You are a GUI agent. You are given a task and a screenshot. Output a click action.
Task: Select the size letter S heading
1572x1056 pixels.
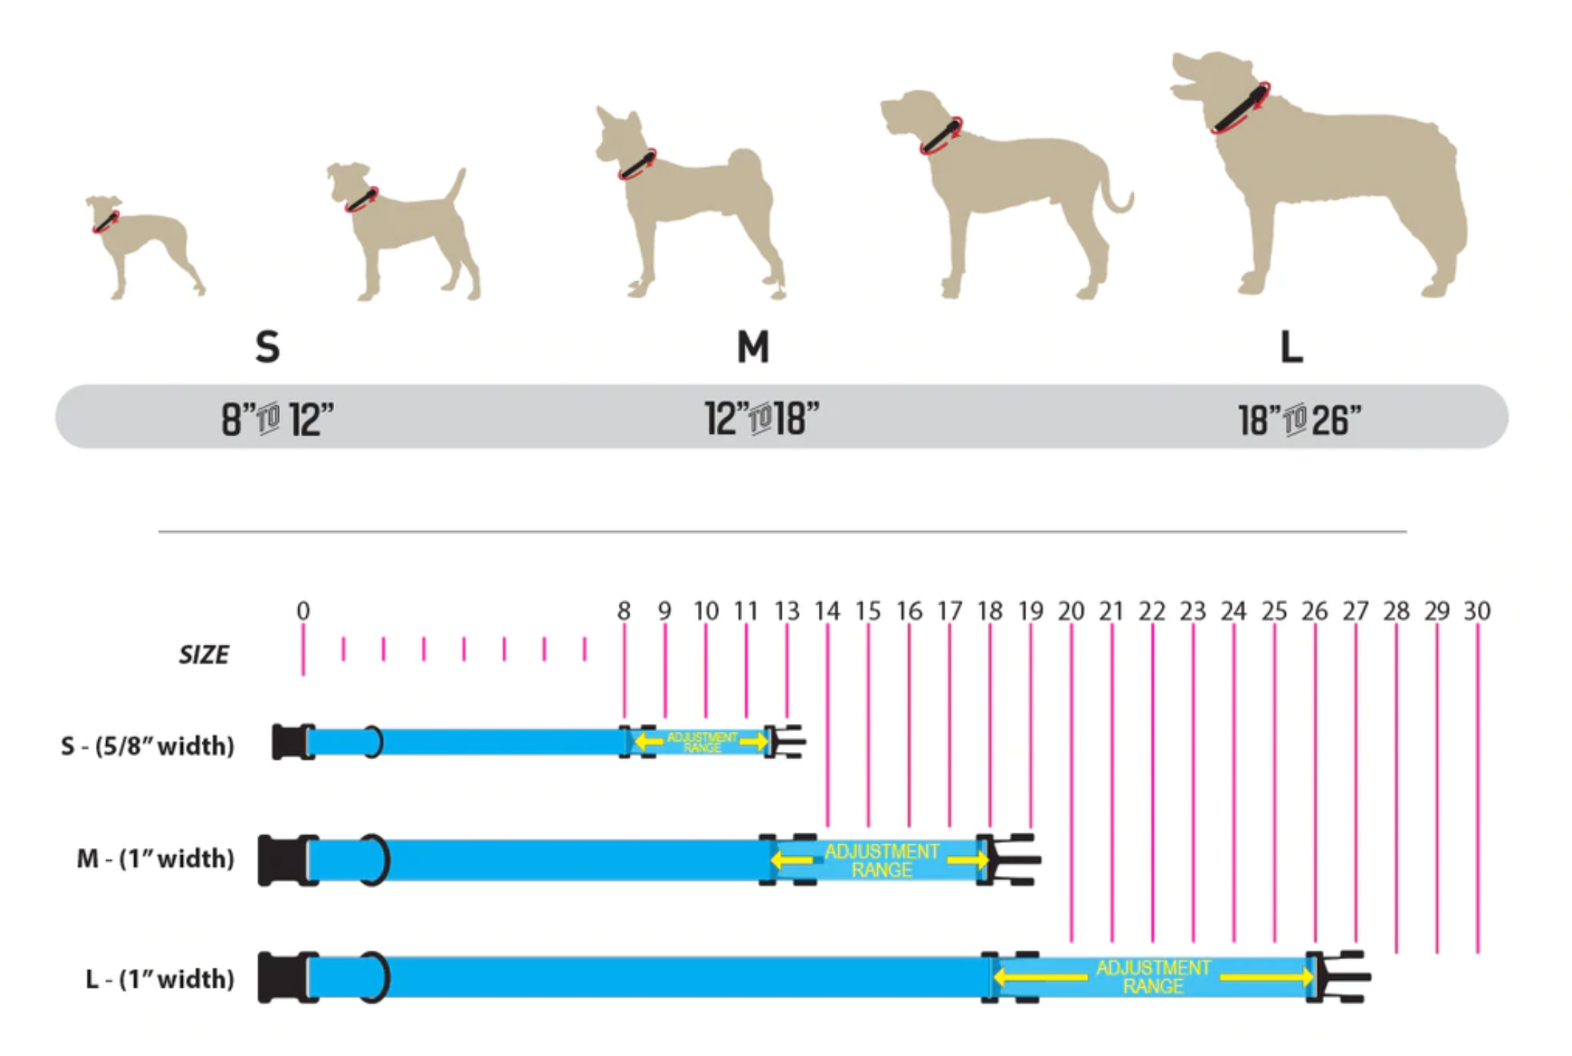point(267,347)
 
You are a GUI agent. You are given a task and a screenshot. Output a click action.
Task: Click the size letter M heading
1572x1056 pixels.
point(753,347)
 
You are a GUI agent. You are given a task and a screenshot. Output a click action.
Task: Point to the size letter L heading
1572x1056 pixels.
point(1292,347)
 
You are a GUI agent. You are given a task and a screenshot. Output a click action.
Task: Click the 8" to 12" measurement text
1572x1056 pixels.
point(278,420)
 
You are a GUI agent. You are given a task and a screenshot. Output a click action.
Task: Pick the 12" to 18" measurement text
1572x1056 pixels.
point(762,419)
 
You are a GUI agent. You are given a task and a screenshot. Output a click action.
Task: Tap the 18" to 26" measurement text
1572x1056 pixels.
point(1299,420)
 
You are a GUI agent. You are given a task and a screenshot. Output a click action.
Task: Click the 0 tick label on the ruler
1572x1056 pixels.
point(303,611)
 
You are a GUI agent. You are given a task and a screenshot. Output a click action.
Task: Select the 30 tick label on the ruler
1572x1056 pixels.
point(1477,611)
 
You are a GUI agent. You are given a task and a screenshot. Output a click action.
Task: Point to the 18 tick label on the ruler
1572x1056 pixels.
point(990,611)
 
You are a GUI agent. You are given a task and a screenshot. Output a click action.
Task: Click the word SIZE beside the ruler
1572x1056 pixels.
point(204,655)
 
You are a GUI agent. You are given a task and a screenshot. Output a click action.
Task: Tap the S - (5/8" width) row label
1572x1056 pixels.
point(148,746)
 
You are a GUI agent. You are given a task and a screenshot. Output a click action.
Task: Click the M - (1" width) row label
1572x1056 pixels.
point(156,858)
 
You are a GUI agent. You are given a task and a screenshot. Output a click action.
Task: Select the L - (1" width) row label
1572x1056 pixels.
point(160,979)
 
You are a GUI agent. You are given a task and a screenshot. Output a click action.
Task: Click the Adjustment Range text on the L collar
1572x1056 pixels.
point(1153,977)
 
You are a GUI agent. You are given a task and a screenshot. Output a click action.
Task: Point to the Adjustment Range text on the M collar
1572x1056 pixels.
point(881,861)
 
